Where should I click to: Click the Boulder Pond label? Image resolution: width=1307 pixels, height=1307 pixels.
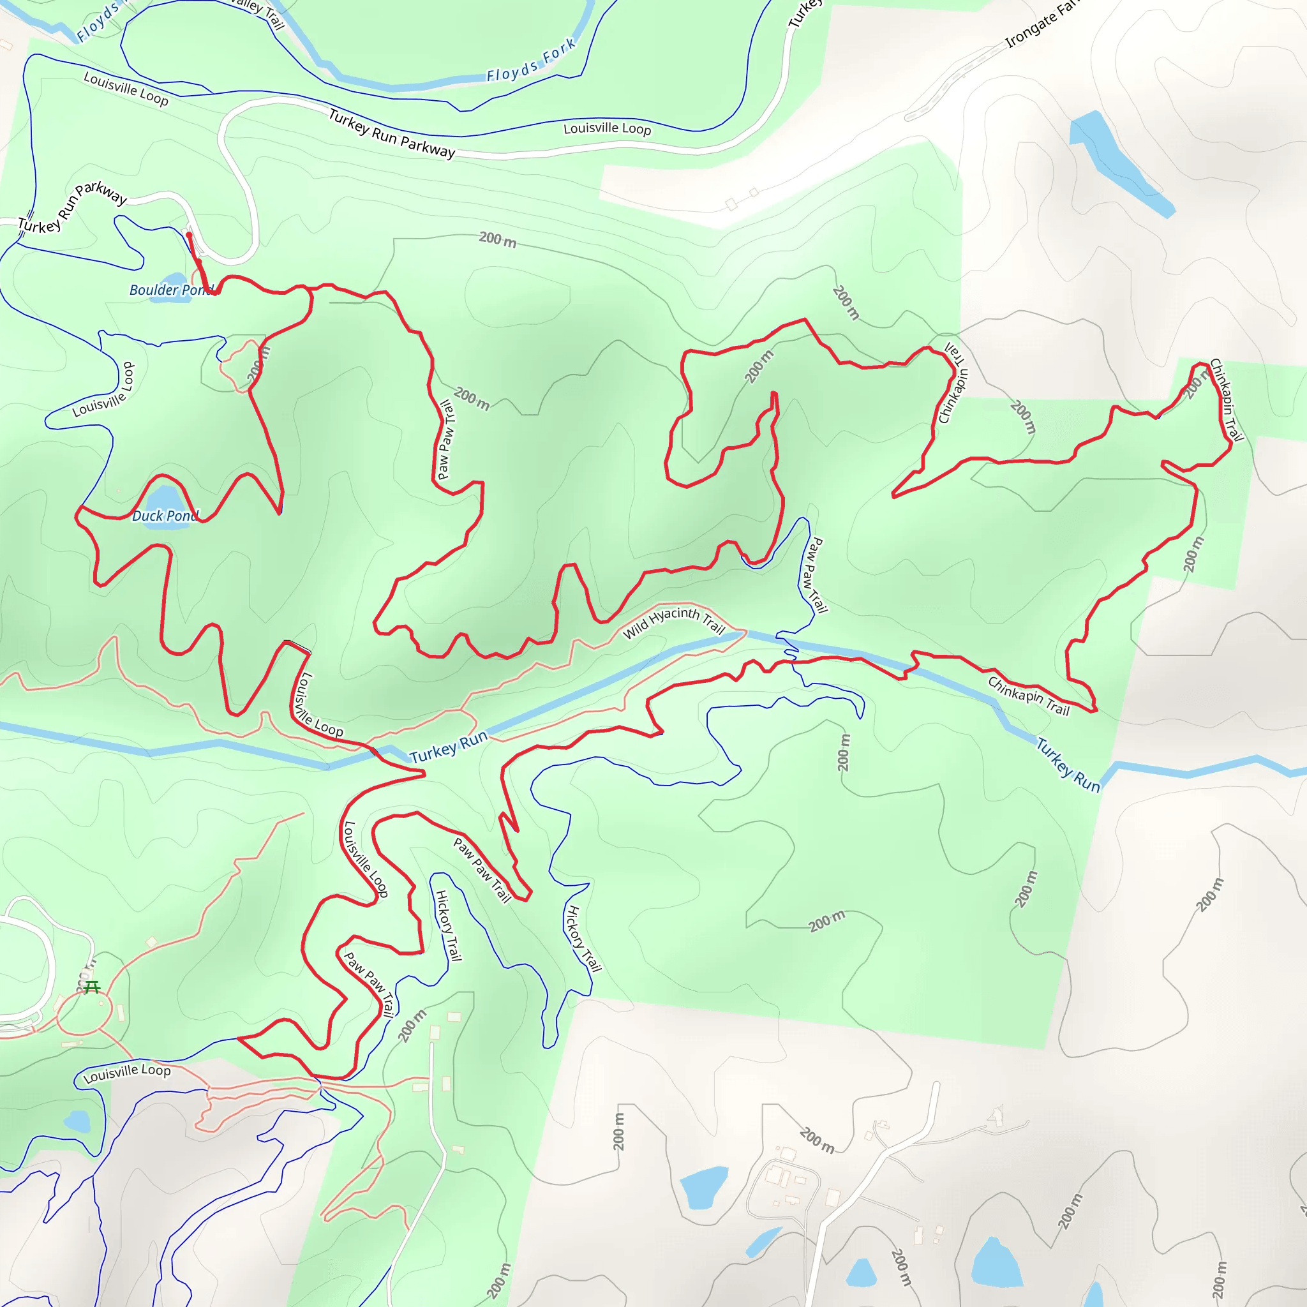tap(170, 290)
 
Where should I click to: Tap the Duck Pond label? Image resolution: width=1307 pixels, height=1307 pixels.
tap(166, 516)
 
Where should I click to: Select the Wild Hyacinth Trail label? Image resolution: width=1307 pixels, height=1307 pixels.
tap(673, 621)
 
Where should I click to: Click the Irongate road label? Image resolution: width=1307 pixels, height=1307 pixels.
tap(1042, 26)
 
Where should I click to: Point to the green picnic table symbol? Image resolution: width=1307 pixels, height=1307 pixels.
tap(92, 987)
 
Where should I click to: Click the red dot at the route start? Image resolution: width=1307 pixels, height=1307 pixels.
tap(189, 235)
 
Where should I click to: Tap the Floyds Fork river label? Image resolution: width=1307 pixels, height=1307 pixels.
tap(531, 61)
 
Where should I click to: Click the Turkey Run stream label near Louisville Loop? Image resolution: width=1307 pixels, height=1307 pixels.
tap(449, 746)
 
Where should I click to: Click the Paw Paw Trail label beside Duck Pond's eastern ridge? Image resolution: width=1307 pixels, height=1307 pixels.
tap(445, 440)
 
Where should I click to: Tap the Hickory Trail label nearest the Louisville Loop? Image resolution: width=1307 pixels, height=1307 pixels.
tap(448, 926)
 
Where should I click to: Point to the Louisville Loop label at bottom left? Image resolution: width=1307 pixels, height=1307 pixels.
tap(127, 1073)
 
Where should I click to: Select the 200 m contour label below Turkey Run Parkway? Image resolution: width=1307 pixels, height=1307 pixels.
tap(497, 239)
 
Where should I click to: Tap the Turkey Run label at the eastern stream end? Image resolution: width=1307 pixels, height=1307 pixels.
tap(1068, 765)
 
